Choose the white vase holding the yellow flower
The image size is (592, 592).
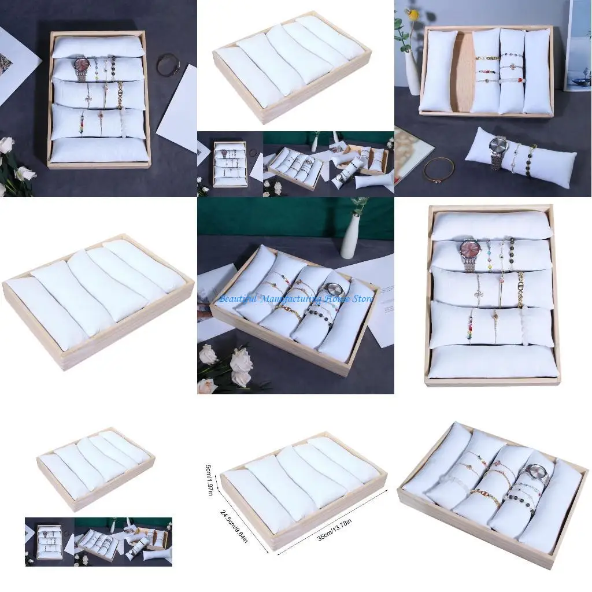[412, 69]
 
